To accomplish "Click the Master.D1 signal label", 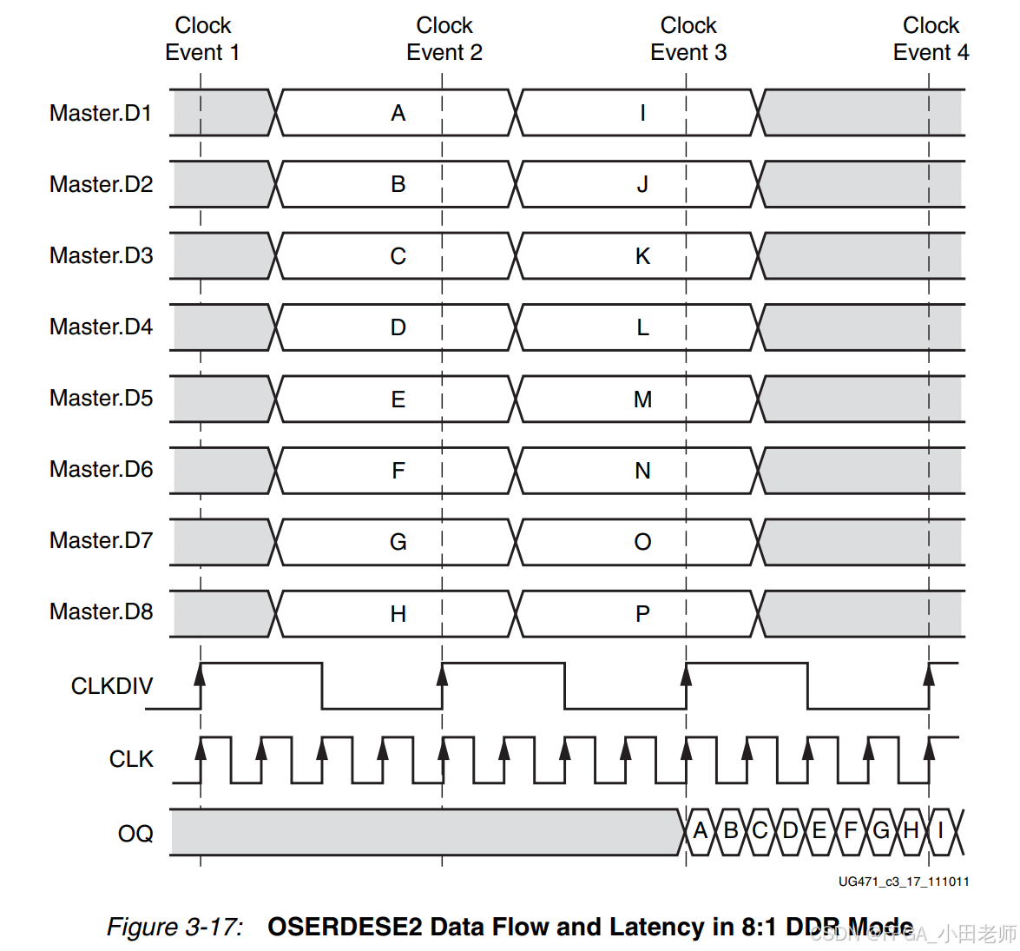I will tap(101, 113).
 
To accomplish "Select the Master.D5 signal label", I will tap(101, 398).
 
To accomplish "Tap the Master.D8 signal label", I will tap(101, 611).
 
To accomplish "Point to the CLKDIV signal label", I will tap(112, 686).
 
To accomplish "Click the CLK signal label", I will tap(131, 759).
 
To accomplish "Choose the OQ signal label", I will tap(135, 834).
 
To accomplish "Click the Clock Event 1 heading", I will tap(202, 39).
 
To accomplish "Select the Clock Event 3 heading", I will tap(688, 39).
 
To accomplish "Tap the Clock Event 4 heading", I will tap(931, 39).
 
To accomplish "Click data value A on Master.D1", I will tap(398, 113).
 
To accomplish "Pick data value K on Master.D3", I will tap(642, 256).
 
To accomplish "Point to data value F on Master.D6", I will tap(398, 471).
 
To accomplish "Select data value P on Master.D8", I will tap(642, 614).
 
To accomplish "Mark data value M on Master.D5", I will tap(642, 400).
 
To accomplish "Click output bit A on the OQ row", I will tap(701, 831).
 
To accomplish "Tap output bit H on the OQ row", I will tap(911, 831).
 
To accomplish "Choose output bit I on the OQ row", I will tap(940, 831).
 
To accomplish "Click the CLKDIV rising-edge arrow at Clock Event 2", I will tap(443, 675).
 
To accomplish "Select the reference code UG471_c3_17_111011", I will tap(904, 882).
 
